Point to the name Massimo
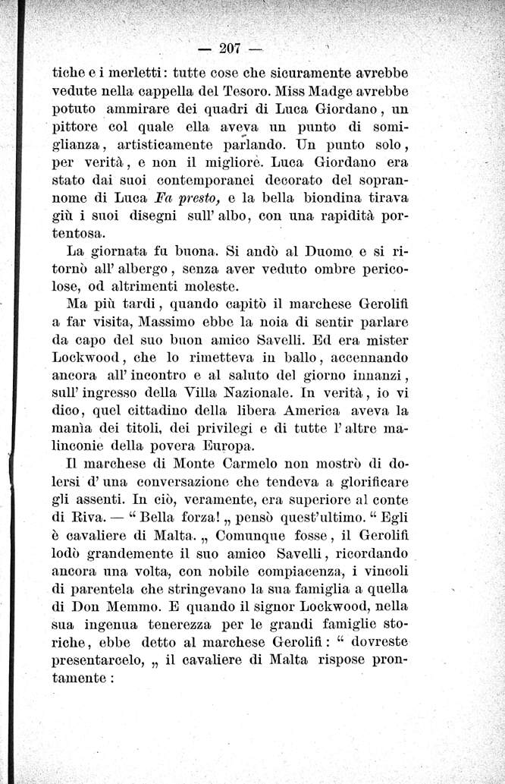156,321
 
